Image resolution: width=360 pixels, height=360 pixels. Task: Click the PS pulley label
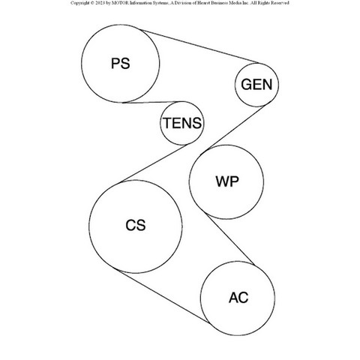point(121,64)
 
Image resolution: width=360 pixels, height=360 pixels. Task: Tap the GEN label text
point(256,85)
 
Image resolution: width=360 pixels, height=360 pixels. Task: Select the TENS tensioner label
point(182,123)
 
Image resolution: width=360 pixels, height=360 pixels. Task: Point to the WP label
point(227,181)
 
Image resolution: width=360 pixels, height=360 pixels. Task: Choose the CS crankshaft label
point(136,225)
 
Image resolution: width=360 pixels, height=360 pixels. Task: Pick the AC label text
point(238,298)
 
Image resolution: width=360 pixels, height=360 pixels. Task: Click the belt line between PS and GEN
point(199,46)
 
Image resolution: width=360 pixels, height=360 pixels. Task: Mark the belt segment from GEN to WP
point(236,127)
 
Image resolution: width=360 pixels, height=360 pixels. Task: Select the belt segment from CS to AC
point(163,296)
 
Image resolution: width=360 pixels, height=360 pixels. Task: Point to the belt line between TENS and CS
point(155,163)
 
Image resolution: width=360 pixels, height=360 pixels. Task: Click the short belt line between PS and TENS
point(153,102)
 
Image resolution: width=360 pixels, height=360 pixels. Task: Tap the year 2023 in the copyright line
point(99,3)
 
